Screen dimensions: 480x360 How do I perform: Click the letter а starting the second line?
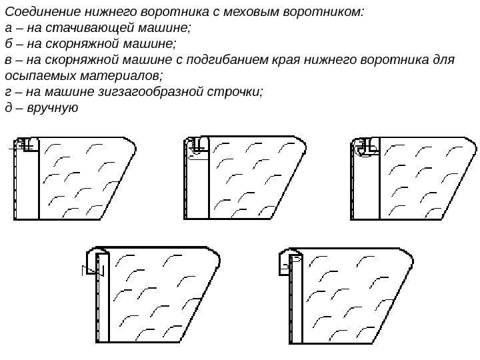(x=8, y=28)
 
